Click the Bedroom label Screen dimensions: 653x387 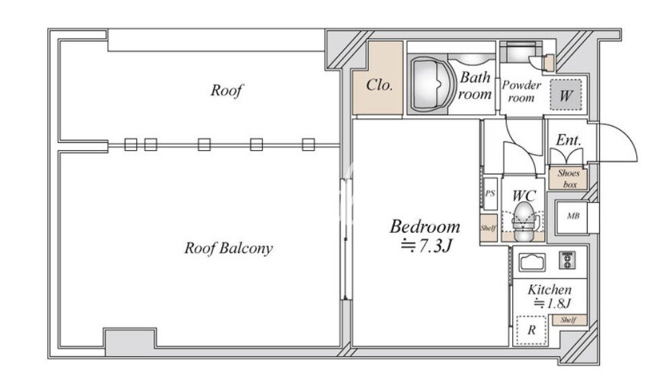coord(425,227)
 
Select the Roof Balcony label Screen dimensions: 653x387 coord(228,248)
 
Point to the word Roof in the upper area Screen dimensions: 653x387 coord(226,90)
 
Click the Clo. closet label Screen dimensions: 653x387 coord(379,85)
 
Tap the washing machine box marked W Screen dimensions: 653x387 coord(565,95)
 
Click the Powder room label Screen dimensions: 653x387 coord(521,92)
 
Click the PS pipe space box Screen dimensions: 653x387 coord(490,194)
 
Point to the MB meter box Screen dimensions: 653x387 coord(573,217)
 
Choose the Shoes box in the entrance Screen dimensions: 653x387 coord(568,179)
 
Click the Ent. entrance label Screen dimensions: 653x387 coord(568,141)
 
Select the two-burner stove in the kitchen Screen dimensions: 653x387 coord(567,260)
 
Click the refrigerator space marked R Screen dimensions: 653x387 coord(531,330)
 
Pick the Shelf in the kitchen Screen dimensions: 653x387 coord(570,320)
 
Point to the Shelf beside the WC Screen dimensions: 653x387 coord(489,228)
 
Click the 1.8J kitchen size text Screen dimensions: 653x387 coord(553,304)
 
